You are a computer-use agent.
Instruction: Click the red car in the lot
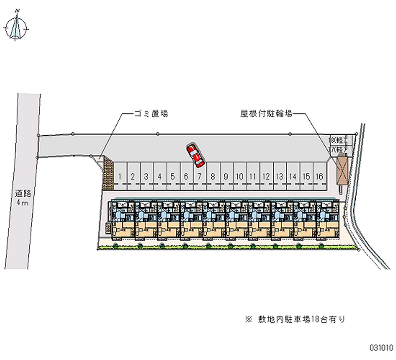coord(196,155)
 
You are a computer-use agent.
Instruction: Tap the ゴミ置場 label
coord(151,113)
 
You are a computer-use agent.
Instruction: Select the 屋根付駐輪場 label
coord(266,113)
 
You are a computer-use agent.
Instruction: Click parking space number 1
coord(120,176)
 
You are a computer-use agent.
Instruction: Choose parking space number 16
coord(320,176)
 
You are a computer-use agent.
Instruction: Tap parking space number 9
coord(226,176)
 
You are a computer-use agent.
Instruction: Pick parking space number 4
coord(159,176)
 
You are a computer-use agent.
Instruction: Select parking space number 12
coord(266,176)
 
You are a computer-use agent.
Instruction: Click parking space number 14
coord(293,176)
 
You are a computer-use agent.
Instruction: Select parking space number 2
coord(133,176)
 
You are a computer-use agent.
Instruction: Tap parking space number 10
coord(239,176)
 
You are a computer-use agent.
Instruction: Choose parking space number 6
coord(186,176)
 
